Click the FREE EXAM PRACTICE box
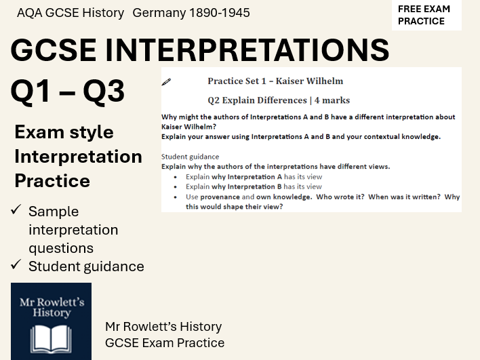[x=426, y=15]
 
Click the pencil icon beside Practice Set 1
[x=167, y=81]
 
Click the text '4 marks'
[x=332, y=100]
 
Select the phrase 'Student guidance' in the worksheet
[x=190, y=157]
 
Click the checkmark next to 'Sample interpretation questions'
[x=18, y=211]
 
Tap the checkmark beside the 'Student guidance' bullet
[x=18, y=266]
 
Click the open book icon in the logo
[x=52, y=338]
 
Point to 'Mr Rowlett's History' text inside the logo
[x=52, y=306]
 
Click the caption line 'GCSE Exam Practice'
[x=165, y=342]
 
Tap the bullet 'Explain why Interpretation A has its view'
[x=254, y=177]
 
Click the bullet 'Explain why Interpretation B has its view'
[x=254, y=186]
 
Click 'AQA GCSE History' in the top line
[x=71, y=13]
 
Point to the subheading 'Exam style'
[x=64, y=132]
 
